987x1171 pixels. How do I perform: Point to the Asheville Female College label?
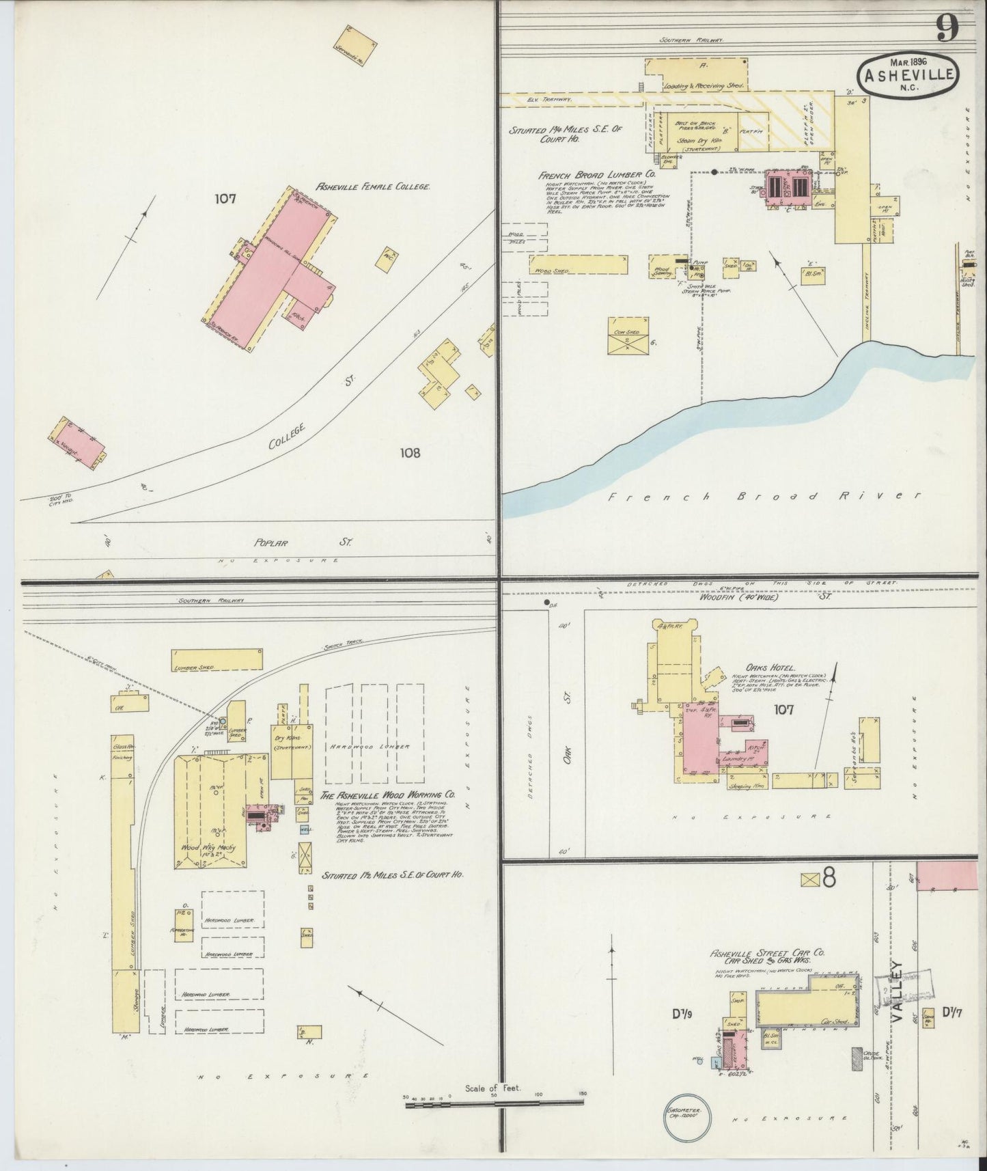click(372, 187)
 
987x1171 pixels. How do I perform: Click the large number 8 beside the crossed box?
click(828, 879)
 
